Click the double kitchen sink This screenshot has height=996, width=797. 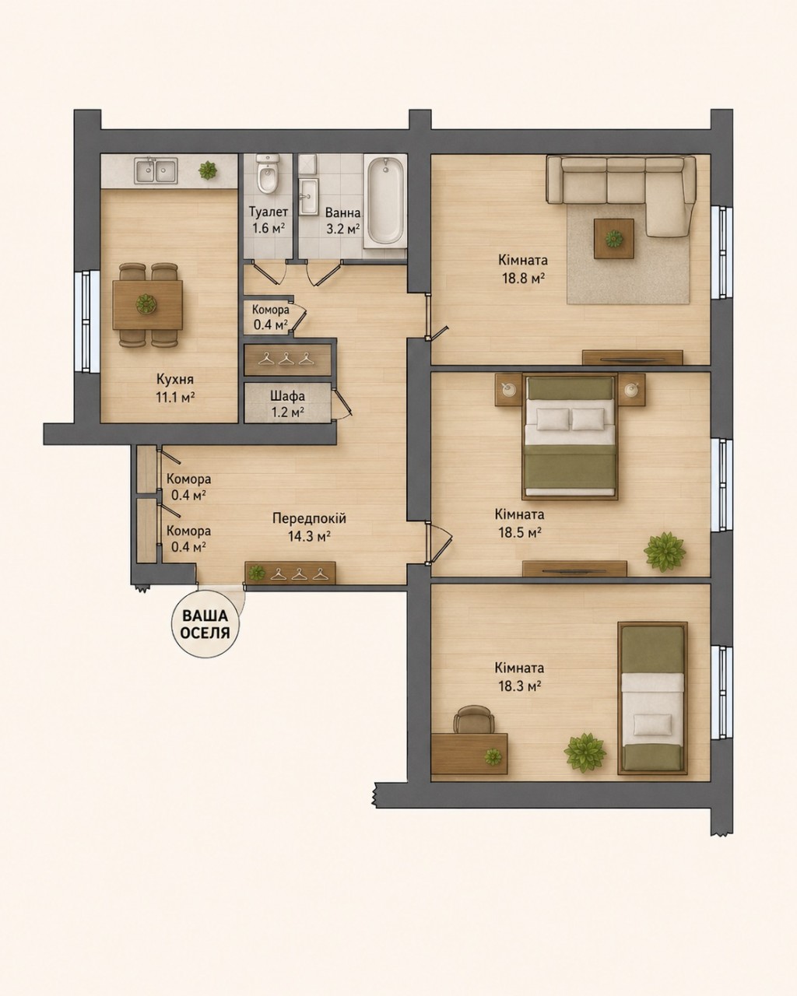(x=156, y=170)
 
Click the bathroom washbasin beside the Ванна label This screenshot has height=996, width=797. (x=308, y=198)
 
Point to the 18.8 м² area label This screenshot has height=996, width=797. (x=523, y=279)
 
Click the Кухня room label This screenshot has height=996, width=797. (x=174, y=380)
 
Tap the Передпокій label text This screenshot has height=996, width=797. (x=309, y=518)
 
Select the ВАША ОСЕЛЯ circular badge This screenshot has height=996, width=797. (x=205, y=624)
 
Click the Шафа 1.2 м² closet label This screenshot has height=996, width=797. (x=287, y=404)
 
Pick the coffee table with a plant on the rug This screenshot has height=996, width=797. (x=614, y=239)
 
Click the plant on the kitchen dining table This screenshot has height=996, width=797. (x=146, y=304)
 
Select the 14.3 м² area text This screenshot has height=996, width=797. (x=309, y=536)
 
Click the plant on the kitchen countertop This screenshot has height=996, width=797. (x=208, y=170)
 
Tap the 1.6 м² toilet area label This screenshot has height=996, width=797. (x=269, y=228)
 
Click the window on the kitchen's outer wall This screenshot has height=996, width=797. (x=88, y=321)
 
